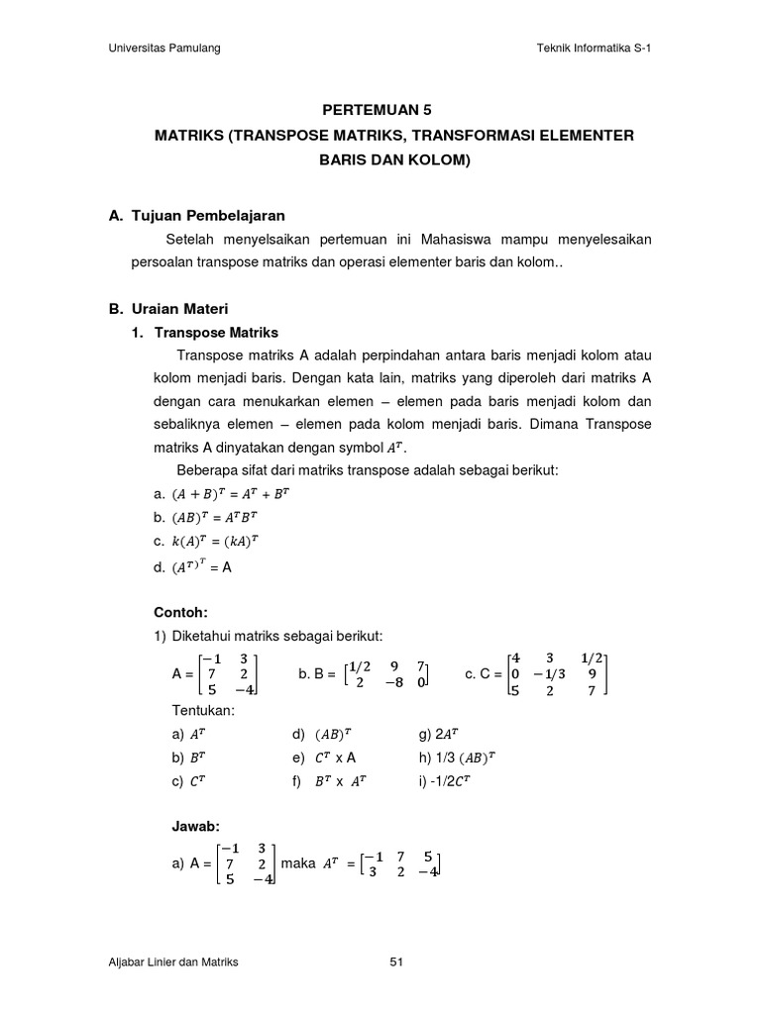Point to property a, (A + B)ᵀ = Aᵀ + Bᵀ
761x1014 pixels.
coord(221,494)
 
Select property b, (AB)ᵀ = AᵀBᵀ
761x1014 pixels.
coord(210,518)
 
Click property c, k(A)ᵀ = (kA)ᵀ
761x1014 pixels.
coord(211,543)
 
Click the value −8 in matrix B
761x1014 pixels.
coord(393,682)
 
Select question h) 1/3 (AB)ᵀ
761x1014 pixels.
coord(457,759)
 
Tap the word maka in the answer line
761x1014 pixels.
coord(298,863)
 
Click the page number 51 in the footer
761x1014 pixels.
coord(398,962)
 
